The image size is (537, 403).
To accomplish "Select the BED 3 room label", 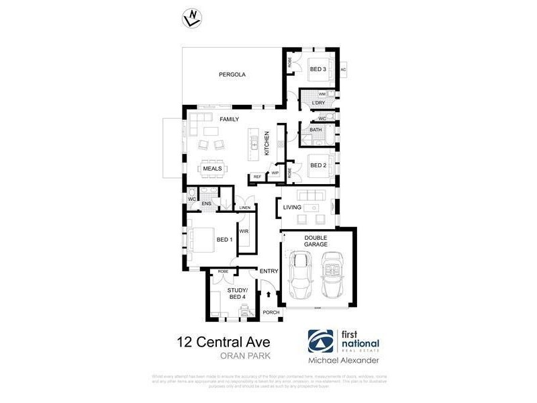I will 318,69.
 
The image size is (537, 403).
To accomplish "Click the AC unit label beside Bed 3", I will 343,69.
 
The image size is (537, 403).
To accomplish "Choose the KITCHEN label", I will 266,144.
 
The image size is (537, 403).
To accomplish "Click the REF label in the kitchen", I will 257,177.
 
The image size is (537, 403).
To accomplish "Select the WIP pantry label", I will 275,173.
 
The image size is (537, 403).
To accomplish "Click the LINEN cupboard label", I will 244,208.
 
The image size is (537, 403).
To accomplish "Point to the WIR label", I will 244,231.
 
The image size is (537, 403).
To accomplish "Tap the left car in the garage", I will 299,276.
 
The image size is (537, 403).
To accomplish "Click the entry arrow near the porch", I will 269,294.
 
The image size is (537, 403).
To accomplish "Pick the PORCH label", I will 271,312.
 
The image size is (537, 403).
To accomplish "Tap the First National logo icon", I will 318,341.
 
